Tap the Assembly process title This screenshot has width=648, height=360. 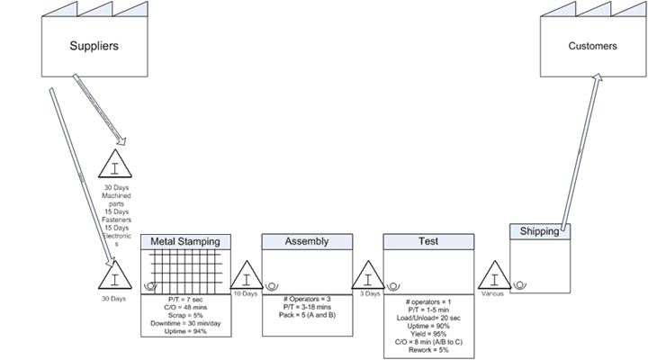click(x=306, y=241)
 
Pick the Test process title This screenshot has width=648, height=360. click(x=428, y=241)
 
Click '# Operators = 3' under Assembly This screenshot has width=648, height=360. click(x=306, y=297)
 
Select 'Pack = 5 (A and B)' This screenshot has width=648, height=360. click(x=306, y=314)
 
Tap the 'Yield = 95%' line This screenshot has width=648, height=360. click(x=428, y=332)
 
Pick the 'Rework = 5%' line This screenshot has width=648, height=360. click(x=428, y=349)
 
